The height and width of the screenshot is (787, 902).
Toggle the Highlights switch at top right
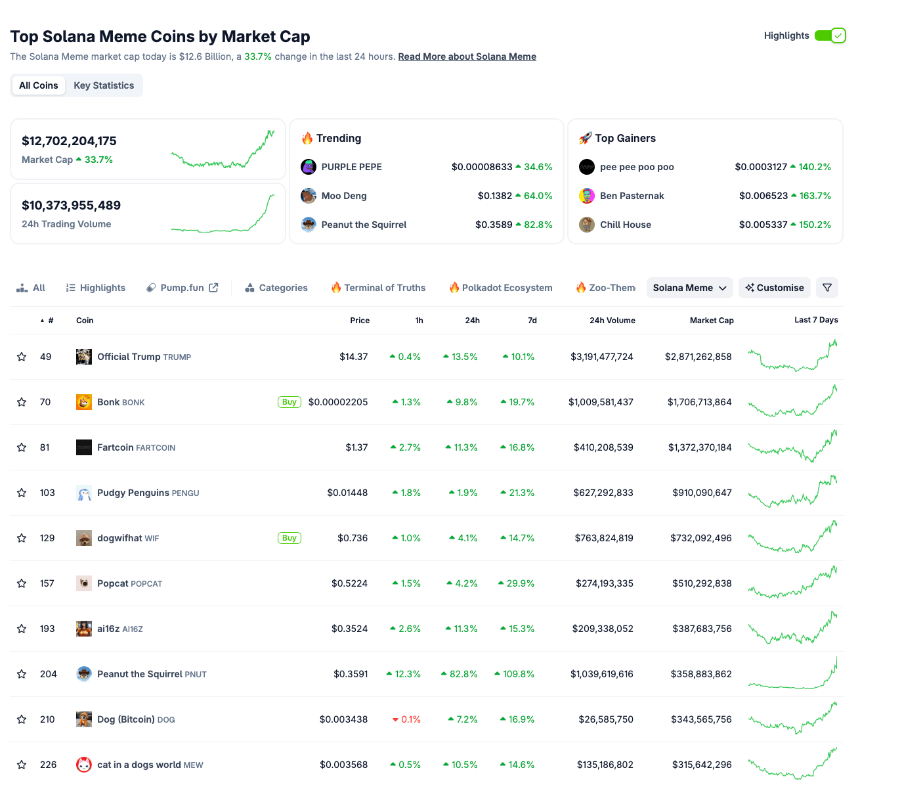coord(830,35)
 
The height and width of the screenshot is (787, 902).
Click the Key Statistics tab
coord(104,85)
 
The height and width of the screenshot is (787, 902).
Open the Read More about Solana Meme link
coord(467,56)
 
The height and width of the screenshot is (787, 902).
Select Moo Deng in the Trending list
coord(344,196)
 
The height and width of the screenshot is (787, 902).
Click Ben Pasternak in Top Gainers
coord(632,196)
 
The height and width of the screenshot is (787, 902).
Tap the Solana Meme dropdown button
coord(689,288)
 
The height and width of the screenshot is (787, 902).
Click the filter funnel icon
coord(827,288)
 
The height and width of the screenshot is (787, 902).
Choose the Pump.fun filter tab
coord(182,288)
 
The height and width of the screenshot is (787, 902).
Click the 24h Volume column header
coord(612,321)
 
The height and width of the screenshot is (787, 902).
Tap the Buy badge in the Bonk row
coord(290,402)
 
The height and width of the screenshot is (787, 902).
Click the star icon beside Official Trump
coord(22,357)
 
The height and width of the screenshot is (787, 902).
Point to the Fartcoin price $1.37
coord(356,447)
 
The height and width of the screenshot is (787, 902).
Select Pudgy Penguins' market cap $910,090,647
coord(702,493)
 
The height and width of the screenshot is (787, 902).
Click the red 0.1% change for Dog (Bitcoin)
coord(407,719)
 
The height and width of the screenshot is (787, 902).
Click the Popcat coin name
coord(113,583)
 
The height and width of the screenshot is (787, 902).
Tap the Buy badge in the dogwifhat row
coord(290,538)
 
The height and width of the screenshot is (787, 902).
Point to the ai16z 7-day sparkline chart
coord(792,629)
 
